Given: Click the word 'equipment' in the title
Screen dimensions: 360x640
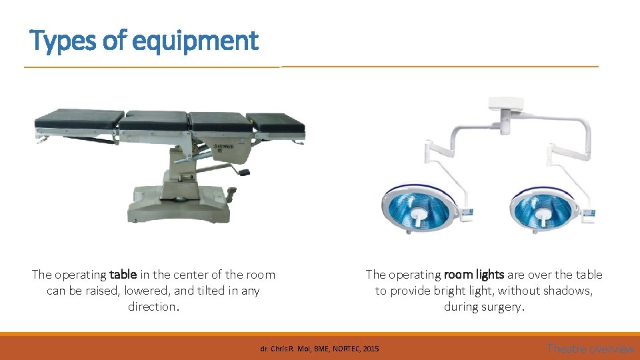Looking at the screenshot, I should (x=195, y=41).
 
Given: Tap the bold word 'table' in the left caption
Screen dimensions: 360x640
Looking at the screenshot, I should (x=123, y=275).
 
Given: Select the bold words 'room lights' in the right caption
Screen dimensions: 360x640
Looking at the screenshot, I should (x=474, y=275).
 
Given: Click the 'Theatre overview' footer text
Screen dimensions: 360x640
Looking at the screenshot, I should (x=590, y=348).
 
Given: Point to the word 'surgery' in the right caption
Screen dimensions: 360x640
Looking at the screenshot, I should (x=503, y=307).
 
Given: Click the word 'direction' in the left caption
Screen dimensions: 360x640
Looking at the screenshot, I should (x=152, y=307).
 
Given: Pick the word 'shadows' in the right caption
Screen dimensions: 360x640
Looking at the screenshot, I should (x=567, y=291).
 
